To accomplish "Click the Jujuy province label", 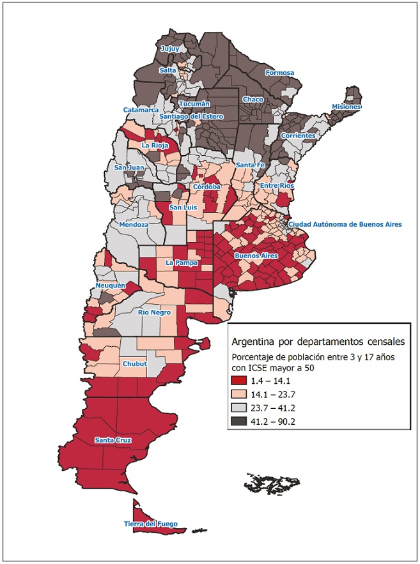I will tap(170, 49).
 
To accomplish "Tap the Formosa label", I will tap(279, 73).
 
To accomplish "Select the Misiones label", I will tap(346, 107).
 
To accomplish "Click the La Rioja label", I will tap(154, 146).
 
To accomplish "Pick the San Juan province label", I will tap(127, 167).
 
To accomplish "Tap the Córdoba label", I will tap(207, 187).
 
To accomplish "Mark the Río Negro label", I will tap(152, 312).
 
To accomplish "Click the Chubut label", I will tap(134, 364).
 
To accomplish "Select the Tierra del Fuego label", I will tap(151, 524).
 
